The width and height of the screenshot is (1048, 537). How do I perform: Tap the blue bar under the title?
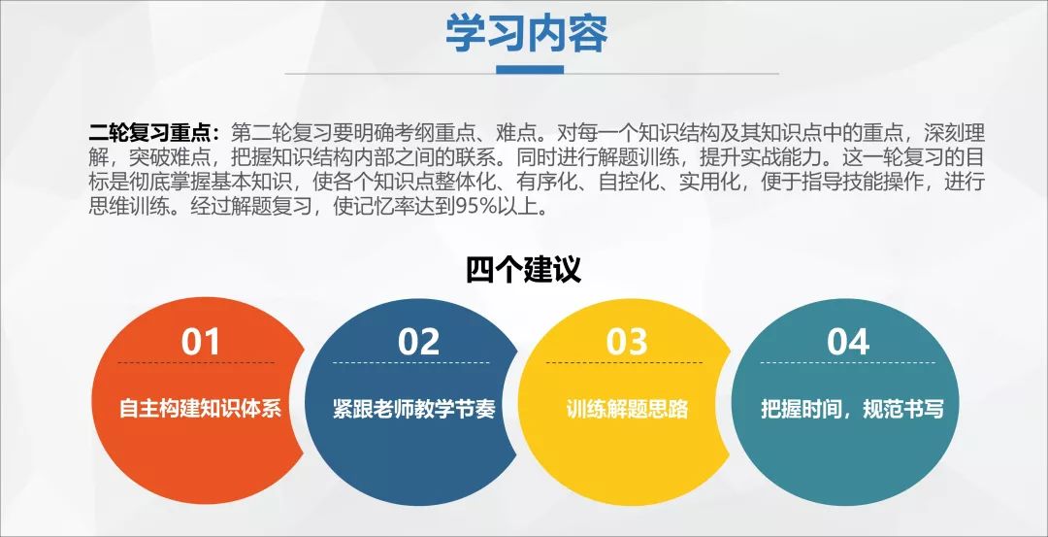(530, 70)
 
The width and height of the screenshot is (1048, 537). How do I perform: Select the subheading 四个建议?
(523, 269)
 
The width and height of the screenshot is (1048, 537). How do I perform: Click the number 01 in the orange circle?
(201, 342)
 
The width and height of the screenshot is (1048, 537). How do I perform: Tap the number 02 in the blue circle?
(418, 342)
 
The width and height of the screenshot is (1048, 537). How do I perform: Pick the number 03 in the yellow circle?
(626, 342)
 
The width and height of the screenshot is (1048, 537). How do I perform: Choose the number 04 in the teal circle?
(847, 342)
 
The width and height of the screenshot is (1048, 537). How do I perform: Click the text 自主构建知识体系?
(200, 409)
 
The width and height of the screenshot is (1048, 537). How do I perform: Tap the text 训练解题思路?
(627, 409)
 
